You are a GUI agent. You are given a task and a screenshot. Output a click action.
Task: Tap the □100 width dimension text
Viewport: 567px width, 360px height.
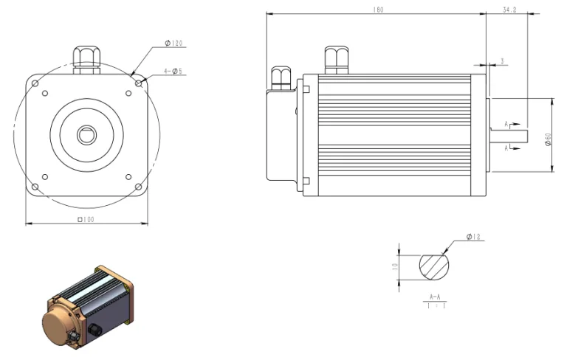click(x=87, y=220)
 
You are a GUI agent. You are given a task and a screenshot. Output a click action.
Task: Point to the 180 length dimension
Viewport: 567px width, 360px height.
click(x=378, y=10)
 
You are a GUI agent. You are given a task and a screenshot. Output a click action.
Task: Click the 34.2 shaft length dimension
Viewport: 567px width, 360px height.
click(x=509, y=10)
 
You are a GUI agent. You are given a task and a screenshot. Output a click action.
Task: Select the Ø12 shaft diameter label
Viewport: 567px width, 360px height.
click(x=473, y=237)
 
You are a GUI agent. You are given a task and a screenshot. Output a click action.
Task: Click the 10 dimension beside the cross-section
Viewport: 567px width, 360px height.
click(x=396, y=264)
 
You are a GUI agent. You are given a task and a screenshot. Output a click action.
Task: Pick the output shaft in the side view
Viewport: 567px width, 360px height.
click(x=509, y=134)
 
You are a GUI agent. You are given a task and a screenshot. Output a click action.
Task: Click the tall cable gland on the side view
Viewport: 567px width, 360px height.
click(x=336, y=60)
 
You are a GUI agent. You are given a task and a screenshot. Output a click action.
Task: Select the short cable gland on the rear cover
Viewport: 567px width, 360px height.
click(x=281, y=77)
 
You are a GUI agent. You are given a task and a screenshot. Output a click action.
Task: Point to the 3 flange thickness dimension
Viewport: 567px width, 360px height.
click(x=502, y=61)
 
